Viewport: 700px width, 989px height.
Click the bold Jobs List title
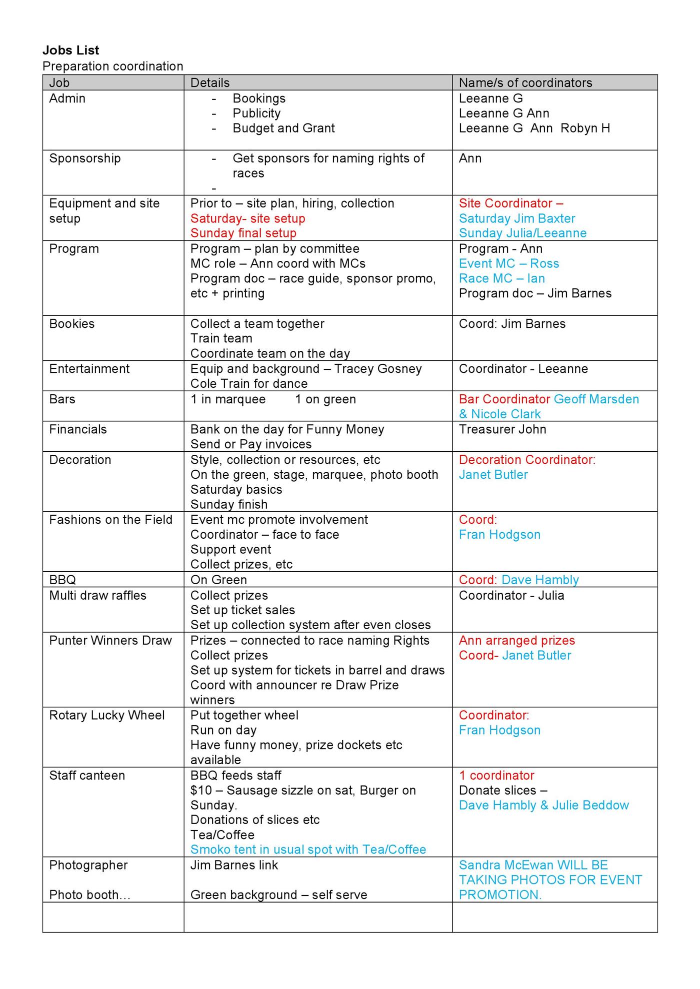[x=70, y=50]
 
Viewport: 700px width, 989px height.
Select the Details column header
[x=210, y=82]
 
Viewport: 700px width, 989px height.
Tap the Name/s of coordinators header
[x=525, y=82]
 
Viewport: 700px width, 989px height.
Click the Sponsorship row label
[x=84, y=158]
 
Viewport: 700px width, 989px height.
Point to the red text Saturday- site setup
[x=247, y=218]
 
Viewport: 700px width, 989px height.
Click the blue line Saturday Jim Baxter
[x=516, y=218]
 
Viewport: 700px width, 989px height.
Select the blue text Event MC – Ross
[x=508, y=263]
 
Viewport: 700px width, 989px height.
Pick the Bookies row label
[x=71, y=323]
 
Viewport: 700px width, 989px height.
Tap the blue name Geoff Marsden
[x=596, y=399]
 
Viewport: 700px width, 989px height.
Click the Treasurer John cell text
[x=502, y=429]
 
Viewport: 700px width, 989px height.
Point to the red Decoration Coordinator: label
[x=527, y=460]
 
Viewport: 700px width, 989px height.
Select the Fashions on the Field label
[x=110, y=520]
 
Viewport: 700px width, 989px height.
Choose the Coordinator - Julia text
[x=511, y=595]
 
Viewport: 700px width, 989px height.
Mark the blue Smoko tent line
[x=308, y=850]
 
